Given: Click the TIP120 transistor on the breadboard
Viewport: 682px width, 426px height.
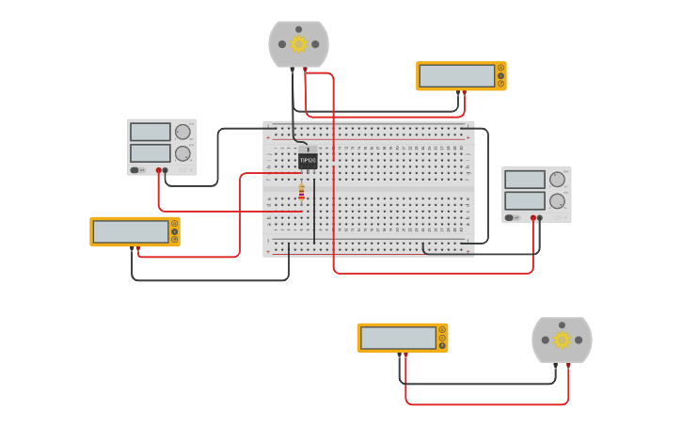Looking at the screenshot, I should pos(308,160).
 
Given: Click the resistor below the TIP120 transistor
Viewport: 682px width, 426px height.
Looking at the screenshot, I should pos(301,193).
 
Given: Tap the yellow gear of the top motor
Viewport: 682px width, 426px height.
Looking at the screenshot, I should pos(299,44).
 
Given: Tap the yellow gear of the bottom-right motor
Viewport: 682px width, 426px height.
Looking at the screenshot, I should pos(562,339).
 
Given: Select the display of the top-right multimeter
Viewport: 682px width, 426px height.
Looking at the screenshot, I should pos(456,76).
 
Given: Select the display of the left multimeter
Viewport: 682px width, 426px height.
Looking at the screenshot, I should pos(131,231).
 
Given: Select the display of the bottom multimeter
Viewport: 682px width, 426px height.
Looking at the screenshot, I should pos(398,338).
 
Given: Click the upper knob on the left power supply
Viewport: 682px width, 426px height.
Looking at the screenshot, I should pos(182,132).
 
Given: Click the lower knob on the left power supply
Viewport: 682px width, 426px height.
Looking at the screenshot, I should pos(182,153).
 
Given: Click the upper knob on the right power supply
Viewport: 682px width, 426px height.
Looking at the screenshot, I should pos(557,179).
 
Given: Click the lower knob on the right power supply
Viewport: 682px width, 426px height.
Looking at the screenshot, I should pos(557,200).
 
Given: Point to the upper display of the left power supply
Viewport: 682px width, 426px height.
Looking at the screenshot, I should pos(150,132).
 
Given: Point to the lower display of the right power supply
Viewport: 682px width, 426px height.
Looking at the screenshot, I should pos(524,200).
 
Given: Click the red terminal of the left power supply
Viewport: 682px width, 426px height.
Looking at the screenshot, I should pos(158,170).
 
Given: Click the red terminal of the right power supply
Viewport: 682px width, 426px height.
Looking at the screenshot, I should pos(532,218).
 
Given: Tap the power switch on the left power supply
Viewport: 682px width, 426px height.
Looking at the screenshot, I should pos(135,170).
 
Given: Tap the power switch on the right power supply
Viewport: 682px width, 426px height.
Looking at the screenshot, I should pos(509,218).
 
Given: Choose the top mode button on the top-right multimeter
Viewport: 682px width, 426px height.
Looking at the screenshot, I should pos(500,68).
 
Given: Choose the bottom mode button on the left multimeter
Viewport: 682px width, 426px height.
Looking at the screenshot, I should pos(174,240).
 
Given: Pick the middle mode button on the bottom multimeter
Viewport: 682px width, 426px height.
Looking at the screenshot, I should pos(442,338).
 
